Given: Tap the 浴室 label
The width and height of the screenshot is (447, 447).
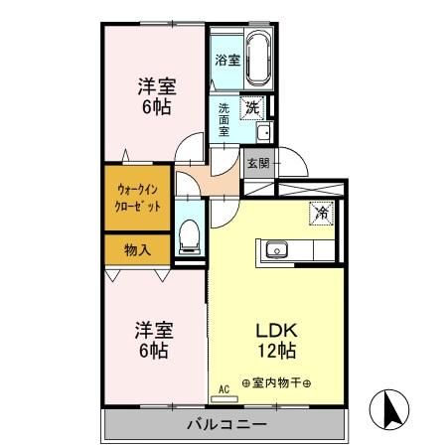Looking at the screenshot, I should pos(227,60).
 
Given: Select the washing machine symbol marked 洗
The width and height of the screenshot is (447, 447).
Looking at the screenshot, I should pos(254,103).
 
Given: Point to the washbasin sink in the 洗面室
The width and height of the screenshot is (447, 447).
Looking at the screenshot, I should pos(264,133).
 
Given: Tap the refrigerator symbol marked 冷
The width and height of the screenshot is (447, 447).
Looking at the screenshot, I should pos(322,212).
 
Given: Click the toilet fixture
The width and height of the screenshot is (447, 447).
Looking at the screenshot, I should pos(191,236).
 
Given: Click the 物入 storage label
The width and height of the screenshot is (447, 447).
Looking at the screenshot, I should pos(137,249).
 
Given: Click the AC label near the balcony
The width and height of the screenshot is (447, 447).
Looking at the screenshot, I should pos(225,387).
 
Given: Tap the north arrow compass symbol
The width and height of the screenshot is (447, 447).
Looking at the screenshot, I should pos(393,408).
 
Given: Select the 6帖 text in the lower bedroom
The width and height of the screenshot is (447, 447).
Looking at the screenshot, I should pos(152,351).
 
